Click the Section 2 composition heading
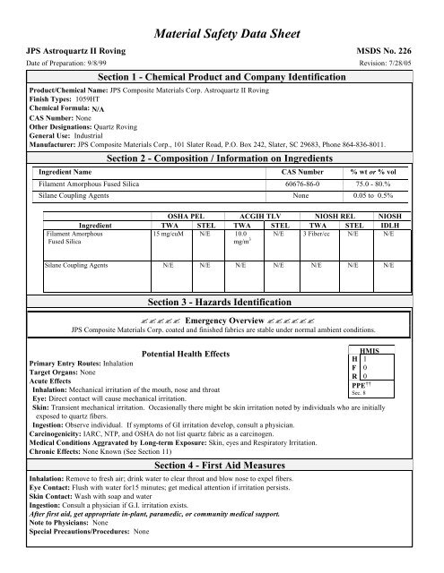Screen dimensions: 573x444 tap(222, 133)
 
